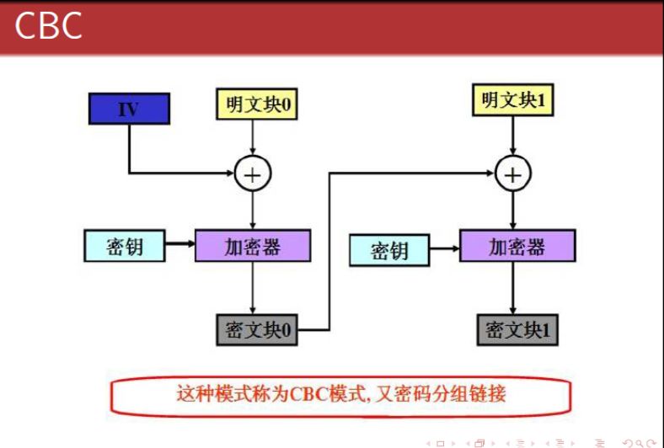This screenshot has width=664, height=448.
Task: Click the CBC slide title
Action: coord(48,26)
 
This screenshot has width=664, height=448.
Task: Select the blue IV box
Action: coord(129,109)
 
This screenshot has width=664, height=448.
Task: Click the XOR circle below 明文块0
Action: coord(251,174)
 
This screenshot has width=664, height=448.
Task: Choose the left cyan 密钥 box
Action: coord(124,246)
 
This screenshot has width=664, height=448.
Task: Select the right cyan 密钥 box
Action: coord(389,250)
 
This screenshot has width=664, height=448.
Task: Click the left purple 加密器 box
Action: coord(252,246)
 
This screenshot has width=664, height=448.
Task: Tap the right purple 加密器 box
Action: coord(517,246)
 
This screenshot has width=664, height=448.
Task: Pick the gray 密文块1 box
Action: coord(517,329)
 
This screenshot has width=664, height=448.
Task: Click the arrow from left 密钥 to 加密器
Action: coord(179,246)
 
